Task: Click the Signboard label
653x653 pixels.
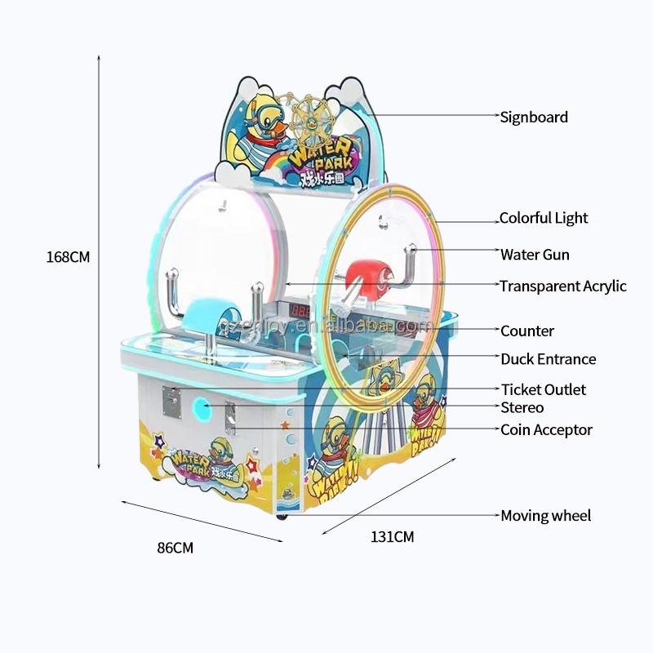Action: [534, 118]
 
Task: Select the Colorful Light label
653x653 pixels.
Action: [544, 219]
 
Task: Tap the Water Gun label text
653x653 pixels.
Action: [535, 255]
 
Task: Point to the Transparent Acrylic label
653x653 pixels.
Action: [563, 286]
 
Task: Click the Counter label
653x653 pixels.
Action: [526, 331]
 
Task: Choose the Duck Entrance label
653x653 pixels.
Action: [548, 359]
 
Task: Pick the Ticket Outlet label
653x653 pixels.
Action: [543, 390]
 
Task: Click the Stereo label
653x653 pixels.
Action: [522, 408]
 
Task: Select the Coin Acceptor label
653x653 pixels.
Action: [546, 430]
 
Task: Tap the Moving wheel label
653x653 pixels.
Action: [545, 516]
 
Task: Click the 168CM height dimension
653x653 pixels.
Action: [68, 256]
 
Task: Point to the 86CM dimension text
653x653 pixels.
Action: [175, 548]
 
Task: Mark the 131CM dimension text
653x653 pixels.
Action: [393, 537]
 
